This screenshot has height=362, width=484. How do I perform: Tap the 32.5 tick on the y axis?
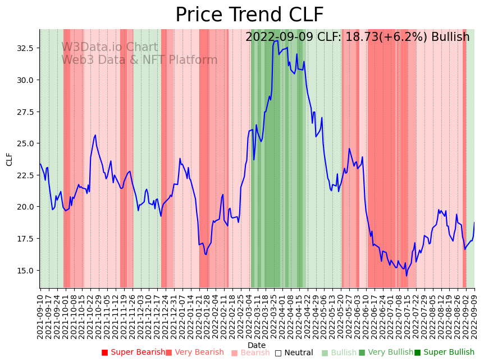click(26, 48)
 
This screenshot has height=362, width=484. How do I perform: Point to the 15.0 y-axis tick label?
click(26, 270)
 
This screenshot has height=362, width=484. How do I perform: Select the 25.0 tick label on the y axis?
click(26, 143)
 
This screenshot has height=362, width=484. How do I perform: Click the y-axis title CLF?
click(10, 159)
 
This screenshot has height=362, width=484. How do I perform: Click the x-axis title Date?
click(257, 345)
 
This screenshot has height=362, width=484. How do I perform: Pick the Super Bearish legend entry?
click(134, 352)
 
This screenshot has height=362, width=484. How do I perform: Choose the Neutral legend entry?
click(294, 352)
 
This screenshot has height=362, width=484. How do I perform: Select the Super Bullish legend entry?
click(444, 352)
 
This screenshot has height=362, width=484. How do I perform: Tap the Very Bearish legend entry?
click(195, 352)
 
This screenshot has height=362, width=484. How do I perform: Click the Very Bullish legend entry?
click(386, 352)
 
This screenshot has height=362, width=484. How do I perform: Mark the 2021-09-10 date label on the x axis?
click(40, 314)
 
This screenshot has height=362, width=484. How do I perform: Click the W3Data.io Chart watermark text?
click(109, 47)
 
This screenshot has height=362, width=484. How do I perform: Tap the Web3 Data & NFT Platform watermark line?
click(139, 60)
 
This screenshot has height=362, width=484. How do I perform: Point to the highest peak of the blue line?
click(277, 40)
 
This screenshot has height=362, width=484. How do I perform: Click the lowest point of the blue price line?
click(407, 276)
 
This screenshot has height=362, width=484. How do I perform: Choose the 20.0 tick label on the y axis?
click(26, 207)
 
